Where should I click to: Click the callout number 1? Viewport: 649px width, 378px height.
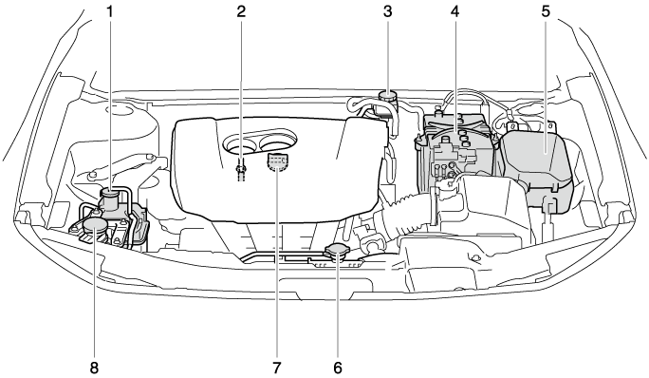click(x=110, y=11)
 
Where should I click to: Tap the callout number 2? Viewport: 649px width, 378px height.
click(x=241, y=11)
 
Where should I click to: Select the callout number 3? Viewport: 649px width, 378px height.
click(x=387, y=11)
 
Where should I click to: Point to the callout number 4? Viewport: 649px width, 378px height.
click(x=454, y=11)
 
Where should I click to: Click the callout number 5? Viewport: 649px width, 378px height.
click(x=546, y=11)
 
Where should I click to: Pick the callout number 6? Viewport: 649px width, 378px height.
click(x=338, y=367)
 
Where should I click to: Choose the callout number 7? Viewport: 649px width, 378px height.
click(x=276, y=367)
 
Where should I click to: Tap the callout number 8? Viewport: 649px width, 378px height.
click(x=94, y=367)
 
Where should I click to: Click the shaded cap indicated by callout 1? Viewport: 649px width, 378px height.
click(x=110, y=192)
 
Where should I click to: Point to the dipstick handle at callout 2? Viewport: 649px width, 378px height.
click(x=240, y=169)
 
